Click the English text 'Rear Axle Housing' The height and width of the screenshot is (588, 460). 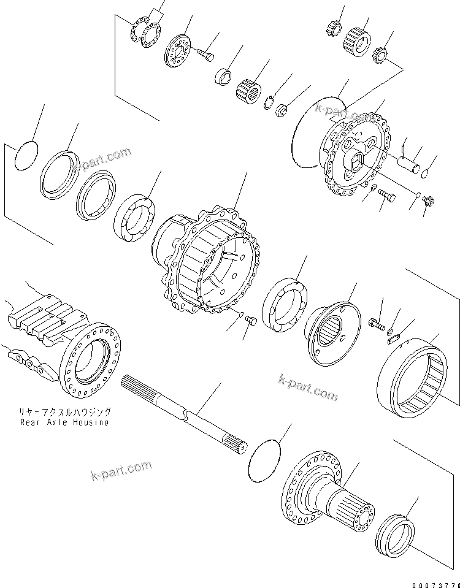pyautogui.click(x=64, y=422)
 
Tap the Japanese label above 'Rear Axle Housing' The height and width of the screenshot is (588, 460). pyautogui.click(x=64, y=413)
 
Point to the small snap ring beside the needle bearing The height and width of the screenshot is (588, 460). pyautogui.click(x=270, y=102)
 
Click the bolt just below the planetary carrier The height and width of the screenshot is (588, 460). pyautogui.click(x=388, y=197)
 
